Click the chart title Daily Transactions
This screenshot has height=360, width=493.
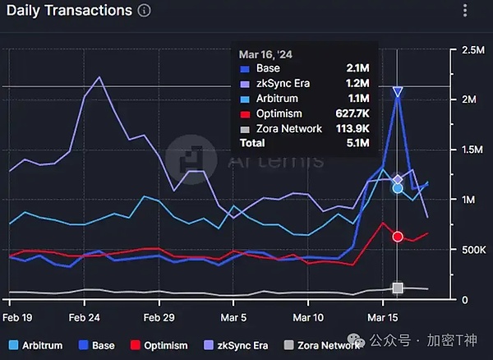(67, 11)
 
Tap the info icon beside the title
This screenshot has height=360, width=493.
(145, 11)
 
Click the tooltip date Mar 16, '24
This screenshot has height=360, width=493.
(265, 53)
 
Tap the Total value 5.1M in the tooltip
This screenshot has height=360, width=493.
(356, 143)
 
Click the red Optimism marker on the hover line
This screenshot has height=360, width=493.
(398, 237)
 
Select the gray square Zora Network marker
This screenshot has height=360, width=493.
(398, 288)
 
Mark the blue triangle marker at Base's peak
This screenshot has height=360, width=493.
(398, 92)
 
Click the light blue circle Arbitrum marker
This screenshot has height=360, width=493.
(398, 187)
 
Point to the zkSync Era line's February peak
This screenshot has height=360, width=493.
(99, 77)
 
